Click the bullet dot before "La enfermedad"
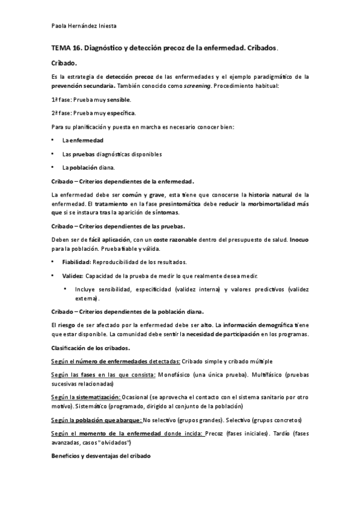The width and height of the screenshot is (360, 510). [53, 140]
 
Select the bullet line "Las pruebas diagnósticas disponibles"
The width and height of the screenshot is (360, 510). [103, 154]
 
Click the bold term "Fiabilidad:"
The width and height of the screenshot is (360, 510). [76, 262]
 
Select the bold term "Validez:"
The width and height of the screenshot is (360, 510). [73, 276]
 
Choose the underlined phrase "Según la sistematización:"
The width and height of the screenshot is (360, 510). [86, 398]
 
